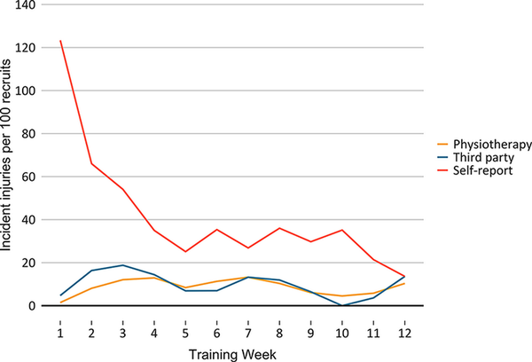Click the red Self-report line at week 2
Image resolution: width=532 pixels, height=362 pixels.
pos(90,163)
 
